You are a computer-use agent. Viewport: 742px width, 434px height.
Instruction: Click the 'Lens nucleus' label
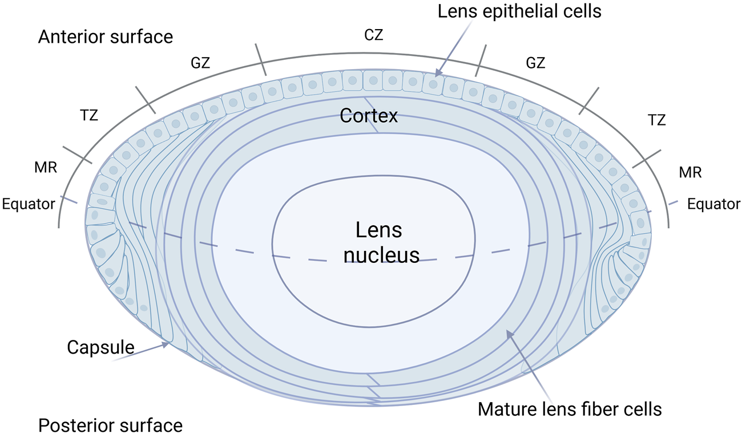[379, 242]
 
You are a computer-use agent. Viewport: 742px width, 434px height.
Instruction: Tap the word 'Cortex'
[368, 116]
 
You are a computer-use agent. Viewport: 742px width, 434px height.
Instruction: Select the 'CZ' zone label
[373, 35]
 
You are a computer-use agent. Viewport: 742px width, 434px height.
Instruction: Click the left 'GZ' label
[200, 63]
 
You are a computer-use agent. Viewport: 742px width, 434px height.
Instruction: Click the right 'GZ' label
[535, 63]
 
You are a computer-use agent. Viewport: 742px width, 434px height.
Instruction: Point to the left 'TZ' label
[90, 115]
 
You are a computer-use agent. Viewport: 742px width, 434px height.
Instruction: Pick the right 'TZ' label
[657, 120]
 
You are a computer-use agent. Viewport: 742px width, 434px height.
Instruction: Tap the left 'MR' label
[46, 168]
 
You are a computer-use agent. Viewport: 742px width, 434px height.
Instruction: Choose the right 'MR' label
[690, 172]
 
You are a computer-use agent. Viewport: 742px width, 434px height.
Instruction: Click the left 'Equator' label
[29, 204]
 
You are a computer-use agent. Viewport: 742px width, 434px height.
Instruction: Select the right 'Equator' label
[713, 204]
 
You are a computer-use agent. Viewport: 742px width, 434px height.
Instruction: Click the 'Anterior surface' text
[106, 37]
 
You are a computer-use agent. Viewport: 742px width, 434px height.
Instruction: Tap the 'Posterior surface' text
[110, 425]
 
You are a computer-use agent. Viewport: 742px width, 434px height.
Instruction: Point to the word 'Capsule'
[100, 347]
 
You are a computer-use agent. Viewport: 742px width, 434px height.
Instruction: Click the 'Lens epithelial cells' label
[519, 11]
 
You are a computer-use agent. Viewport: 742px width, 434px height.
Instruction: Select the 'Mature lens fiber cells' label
[570, 408]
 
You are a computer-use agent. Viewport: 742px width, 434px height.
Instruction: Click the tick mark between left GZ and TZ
[145, 100]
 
